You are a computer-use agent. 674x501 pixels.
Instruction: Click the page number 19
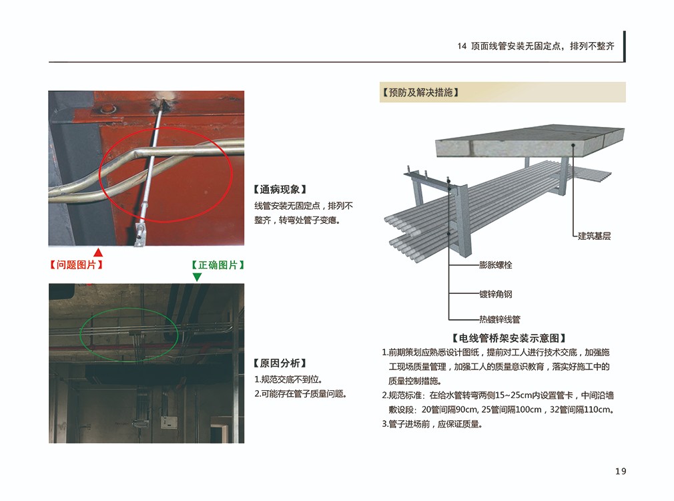[620, 472]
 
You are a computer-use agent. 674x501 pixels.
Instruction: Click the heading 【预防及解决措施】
[420, 93]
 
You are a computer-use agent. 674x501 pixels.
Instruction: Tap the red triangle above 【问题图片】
[98, 253]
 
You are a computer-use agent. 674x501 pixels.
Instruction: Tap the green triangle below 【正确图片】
[197, 277]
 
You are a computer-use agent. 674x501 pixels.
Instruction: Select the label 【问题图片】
[76, 265]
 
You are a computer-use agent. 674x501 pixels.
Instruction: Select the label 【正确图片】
[218, 265]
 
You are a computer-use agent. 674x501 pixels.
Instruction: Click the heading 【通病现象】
[280, 190]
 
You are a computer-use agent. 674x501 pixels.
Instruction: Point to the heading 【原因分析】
[280, 363]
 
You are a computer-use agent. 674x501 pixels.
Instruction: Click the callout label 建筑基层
[594, 236]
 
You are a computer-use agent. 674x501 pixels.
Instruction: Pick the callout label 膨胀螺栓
[496, 265]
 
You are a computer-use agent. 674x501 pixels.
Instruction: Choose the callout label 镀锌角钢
[496, 294]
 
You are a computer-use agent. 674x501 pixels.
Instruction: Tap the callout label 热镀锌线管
[500, 319]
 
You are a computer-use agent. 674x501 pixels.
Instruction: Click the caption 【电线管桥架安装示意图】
[509, 338]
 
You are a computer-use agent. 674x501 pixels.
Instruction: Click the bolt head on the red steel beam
[108, 108]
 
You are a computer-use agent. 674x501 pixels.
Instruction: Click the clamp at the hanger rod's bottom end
[141, 232]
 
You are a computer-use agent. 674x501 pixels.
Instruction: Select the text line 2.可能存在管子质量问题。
[300, 394]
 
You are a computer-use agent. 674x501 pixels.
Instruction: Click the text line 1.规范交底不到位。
[288, 379]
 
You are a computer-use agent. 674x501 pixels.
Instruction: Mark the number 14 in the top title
[462, 46]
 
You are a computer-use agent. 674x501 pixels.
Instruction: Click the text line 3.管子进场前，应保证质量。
[432, 424]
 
